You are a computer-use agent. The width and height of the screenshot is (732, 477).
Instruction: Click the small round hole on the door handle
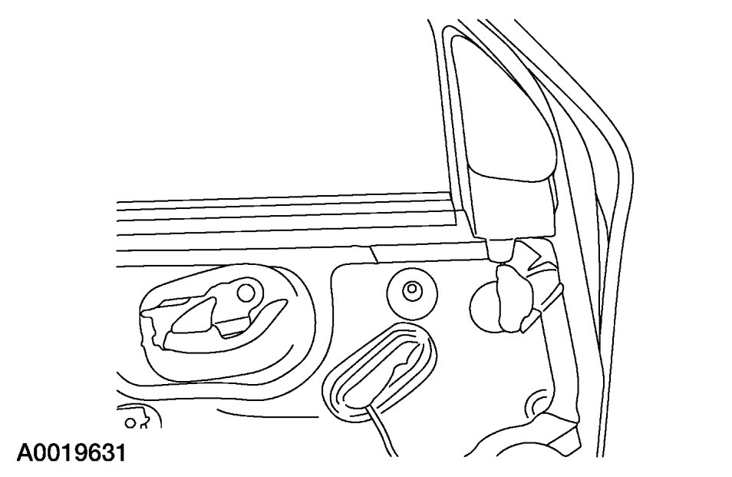pos(246,292)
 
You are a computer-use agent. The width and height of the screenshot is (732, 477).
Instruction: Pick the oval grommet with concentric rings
pos(380,369)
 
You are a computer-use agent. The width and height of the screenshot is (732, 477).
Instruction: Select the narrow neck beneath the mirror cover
pos(502,247)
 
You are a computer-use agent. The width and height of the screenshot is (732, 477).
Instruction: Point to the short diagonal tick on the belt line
pos(371,253)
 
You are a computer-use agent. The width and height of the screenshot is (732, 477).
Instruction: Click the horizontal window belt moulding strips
pos(276,223)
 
